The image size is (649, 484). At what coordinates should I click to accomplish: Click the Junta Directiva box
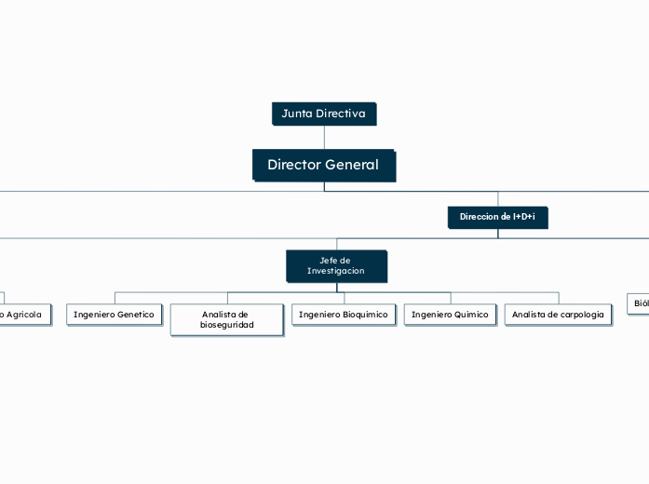point(324,114)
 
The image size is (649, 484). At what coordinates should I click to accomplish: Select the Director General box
point(323,165)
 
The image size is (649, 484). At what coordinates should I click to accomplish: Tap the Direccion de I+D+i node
point(497,217)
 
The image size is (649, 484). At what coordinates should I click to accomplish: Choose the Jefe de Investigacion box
point(336,265)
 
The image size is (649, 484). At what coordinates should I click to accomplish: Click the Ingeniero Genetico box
point(114,315)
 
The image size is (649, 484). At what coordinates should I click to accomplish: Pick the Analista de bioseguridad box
point(226,319)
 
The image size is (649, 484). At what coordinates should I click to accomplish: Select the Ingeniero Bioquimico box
point(343,315)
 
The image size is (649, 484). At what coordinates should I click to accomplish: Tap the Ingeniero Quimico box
point(450,315)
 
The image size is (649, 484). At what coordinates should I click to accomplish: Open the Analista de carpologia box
point(558,315)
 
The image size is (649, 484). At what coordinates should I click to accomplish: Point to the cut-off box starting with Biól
point(638,303)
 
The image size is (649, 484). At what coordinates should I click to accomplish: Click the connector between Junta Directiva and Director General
point(324,137)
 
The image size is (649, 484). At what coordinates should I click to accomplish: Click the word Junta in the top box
point(297,114)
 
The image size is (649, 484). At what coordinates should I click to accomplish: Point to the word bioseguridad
point(227,325)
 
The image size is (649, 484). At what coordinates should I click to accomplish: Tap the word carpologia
point(577,315)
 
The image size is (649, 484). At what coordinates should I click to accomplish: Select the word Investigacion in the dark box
point(336,271)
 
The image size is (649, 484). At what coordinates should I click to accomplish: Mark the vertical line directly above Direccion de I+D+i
point(498,198)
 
